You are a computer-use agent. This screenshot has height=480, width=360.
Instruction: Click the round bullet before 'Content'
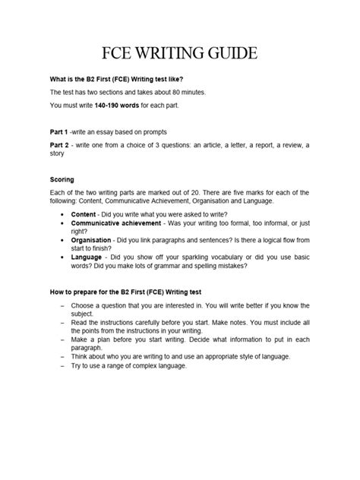[x=62, y=216]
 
